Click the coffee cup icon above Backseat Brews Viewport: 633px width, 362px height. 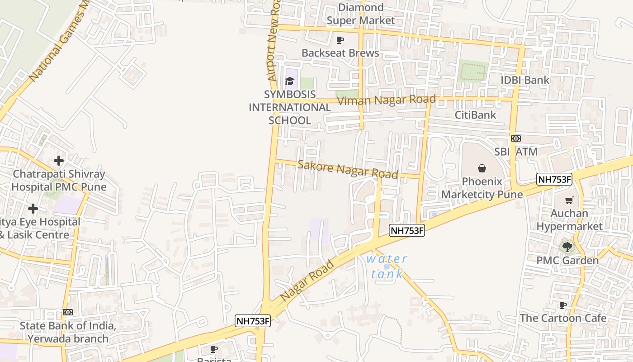340,40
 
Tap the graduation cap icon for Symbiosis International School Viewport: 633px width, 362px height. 289,81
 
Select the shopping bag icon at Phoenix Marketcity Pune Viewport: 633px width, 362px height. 482,168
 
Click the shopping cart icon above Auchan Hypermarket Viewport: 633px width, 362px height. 569,200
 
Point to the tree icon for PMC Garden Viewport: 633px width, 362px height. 567,247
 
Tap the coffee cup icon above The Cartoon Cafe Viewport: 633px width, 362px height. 562,305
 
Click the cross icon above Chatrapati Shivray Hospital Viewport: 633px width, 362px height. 58,161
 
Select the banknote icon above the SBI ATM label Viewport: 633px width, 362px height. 515,138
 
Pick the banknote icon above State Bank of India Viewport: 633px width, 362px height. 68,312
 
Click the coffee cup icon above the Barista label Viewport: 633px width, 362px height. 214,349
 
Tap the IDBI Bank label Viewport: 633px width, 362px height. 525,80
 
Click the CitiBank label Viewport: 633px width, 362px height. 475,115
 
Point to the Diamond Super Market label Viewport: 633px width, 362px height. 361,14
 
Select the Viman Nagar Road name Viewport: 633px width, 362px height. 387,100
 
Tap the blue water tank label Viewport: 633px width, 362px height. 387,267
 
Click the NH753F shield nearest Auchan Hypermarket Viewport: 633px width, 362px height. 554,179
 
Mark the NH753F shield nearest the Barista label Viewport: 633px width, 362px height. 253,321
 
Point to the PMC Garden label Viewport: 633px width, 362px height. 567,261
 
